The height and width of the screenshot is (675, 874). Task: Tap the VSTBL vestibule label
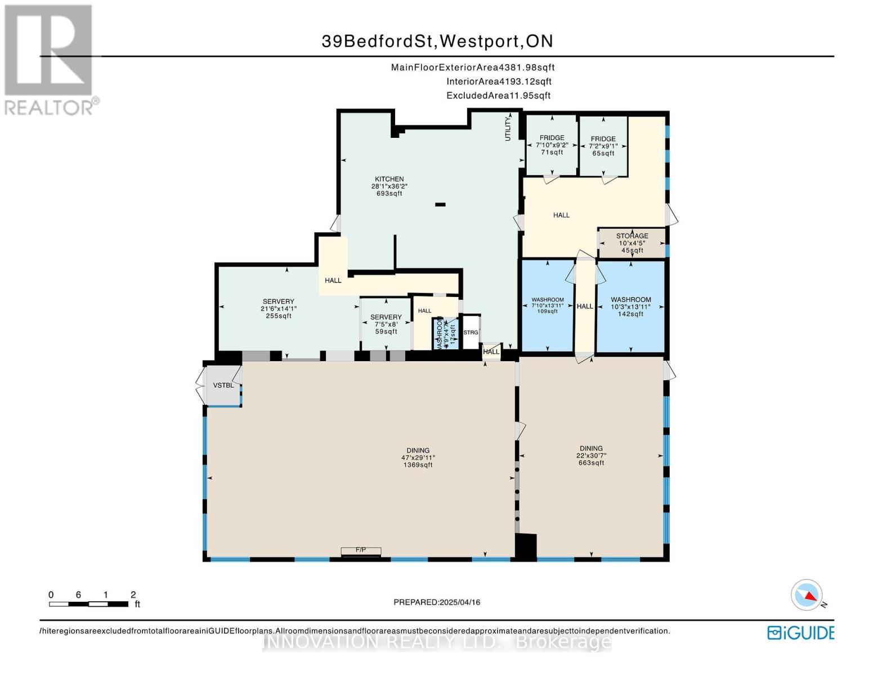[223, 385]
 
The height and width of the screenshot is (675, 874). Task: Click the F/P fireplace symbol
[361, 551]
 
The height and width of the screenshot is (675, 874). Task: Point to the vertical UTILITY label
[508, 128]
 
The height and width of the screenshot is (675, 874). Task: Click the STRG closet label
[470, 332]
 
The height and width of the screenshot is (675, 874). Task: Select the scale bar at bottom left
[89, 604]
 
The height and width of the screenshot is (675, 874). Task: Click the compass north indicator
[807, 595]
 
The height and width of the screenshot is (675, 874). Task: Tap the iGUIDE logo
[800, 633]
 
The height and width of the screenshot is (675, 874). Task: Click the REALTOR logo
[50, 59]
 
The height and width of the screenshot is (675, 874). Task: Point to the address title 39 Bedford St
[437, 41]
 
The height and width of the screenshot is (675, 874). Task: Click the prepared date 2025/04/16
[437, 602]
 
